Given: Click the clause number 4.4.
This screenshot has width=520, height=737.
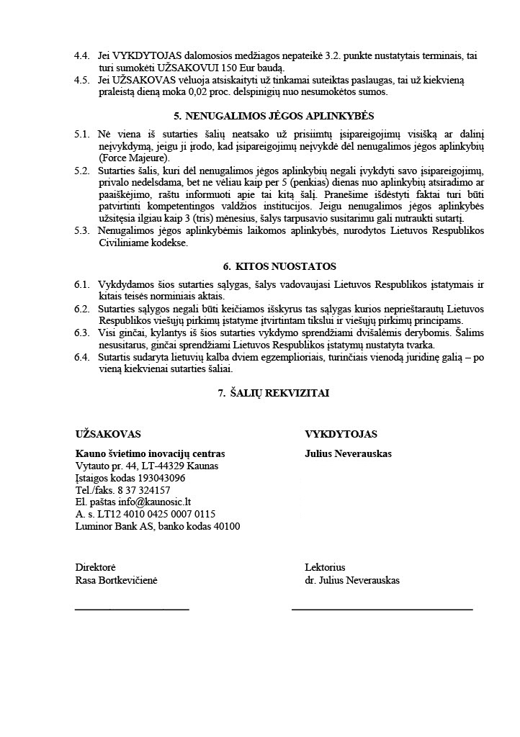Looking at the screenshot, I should point(82,56).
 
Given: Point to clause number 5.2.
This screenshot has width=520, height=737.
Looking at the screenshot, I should point(82,171).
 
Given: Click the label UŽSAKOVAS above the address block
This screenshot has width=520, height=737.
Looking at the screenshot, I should point(108,434).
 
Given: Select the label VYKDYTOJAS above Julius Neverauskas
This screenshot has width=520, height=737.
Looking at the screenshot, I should point(341,434).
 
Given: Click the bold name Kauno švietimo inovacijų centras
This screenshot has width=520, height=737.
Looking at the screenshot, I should point(150,454).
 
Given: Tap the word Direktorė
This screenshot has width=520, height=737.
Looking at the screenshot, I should point(95,568).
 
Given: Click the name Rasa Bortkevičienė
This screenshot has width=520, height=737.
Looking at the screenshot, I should point(116,580).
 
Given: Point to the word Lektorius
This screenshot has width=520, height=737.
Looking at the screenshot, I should point(325,568).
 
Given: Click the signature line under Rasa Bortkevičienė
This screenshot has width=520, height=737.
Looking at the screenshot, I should point(132,610).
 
